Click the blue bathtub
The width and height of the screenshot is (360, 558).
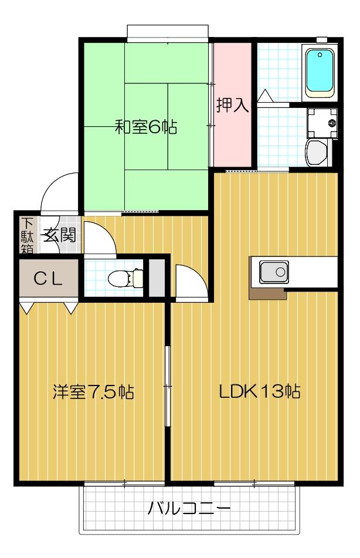(320, 71)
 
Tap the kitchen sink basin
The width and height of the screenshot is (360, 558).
(274, 272)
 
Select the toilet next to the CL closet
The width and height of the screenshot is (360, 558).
(125, 278)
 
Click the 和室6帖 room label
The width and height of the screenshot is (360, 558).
(146, 127)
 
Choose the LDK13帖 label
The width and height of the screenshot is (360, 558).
(259, 391)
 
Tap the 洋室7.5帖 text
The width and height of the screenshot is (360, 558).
(93, 391)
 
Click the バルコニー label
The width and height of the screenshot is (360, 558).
(189, 508)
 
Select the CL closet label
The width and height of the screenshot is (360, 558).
(48, 279)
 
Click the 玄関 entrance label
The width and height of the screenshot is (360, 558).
(59, 235)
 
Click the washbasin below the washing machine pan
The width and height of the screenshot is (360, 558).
(317, 153)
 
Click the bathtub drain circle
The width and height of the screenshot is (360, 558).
(320, 55)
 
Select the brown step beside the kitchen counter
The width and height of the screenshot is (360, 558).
(267, 293)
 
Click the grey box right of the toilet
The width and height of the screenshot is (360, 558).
(157, 278)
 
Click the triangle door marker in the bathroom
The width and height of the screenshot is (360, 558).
(264, 96)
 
